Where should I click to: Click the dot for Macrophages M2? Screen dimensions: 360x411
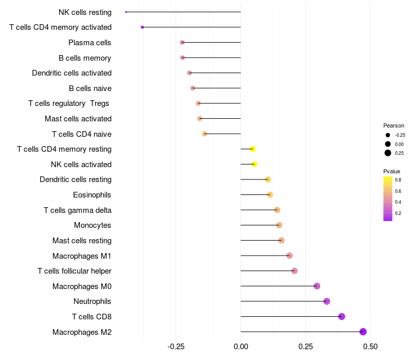pos(363,332)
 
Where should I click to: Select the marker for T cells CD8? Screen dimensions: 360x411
pos(342,316)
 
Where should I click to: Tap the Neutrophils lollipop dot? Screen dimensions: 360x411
pos(327,301)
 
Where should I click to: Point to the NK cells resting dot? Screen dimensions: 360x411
pos(126,12)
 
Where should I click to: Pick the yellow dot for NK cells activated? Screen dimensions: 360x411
pos(254,165)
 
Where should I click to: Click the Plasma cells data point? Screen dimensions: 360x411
pos(182,42)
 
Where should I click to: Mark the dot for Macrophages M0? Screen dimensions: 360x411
pos(317,286)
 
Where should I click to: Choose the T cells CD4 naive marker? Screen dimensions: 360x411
pos(204,134)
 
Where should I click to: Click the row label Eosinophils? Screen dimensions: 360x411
pos(92,195)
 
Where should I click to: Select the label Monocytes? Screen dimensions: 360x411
pos(92,225)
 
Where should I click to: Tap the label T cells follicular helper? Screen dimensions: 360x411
pos(74,271)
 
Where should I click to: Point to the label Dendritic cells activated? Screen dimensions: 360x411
pos(71,73)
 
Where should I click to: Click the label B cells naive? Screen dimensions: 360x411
pos(90,88)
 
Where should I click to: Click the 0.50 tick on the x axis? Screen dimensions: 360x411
pos(370,346)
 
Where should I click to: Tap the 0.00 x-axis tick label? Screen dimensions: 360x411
pos(241,346)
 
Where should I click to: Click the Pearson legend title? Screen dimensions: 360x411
pos(394,125)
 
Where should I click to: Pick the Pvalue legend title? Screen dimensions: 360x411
pos(391,171)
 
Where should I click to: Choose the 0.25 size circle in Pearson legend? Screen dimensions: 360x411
pos(388,153)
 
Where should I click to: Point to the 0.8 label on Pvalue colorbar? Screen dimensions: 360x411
pos(398,179)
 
